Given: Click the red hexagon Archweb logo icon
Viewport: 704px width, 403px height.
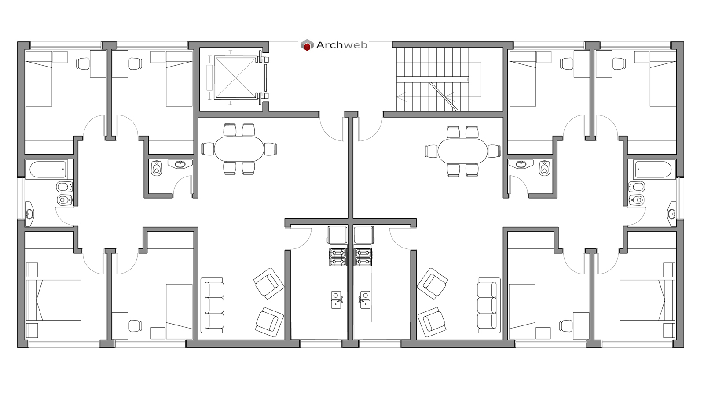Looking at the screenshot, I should (307, 45).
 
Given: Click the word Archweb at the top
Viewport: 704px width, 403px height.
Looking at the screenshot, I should (341, 45).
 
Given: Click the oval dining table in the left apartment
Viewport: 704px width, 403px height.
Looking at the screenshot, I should (239, 149).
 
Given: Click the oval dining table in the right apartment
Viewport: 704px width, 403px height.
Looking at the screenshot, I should (462, 151).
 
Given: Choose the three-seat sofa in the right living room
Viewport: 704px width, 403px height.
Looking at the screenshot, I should (489, 305).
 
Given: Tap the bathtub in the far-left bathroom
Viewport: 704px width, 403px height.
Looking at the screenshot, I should (46, 170).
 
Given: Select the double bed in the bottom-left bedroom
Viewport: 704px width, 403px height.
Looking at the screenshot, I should (54, 300).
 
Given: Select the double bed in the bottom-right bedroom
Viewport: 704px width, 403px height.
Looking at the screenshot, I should (647, 300).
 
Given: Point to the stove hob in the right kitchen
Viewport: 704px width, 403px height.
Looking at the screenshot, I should (364, 257).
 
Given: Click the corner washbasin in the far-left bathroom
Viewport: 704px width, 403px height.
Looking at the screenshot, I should (29, 214).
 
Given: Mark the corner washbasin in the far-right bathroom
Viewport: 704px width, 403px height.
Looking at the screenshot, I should (671, 214).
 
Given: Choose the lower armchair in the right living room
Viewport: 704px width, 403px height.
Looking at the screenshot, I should (432, 322).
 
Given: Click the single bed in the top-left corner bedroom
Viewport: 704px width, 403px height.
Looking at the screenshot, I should (39, 78).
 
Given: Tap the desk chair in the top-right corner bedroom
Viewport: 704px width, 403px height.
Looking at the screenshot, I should (620, 64).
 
